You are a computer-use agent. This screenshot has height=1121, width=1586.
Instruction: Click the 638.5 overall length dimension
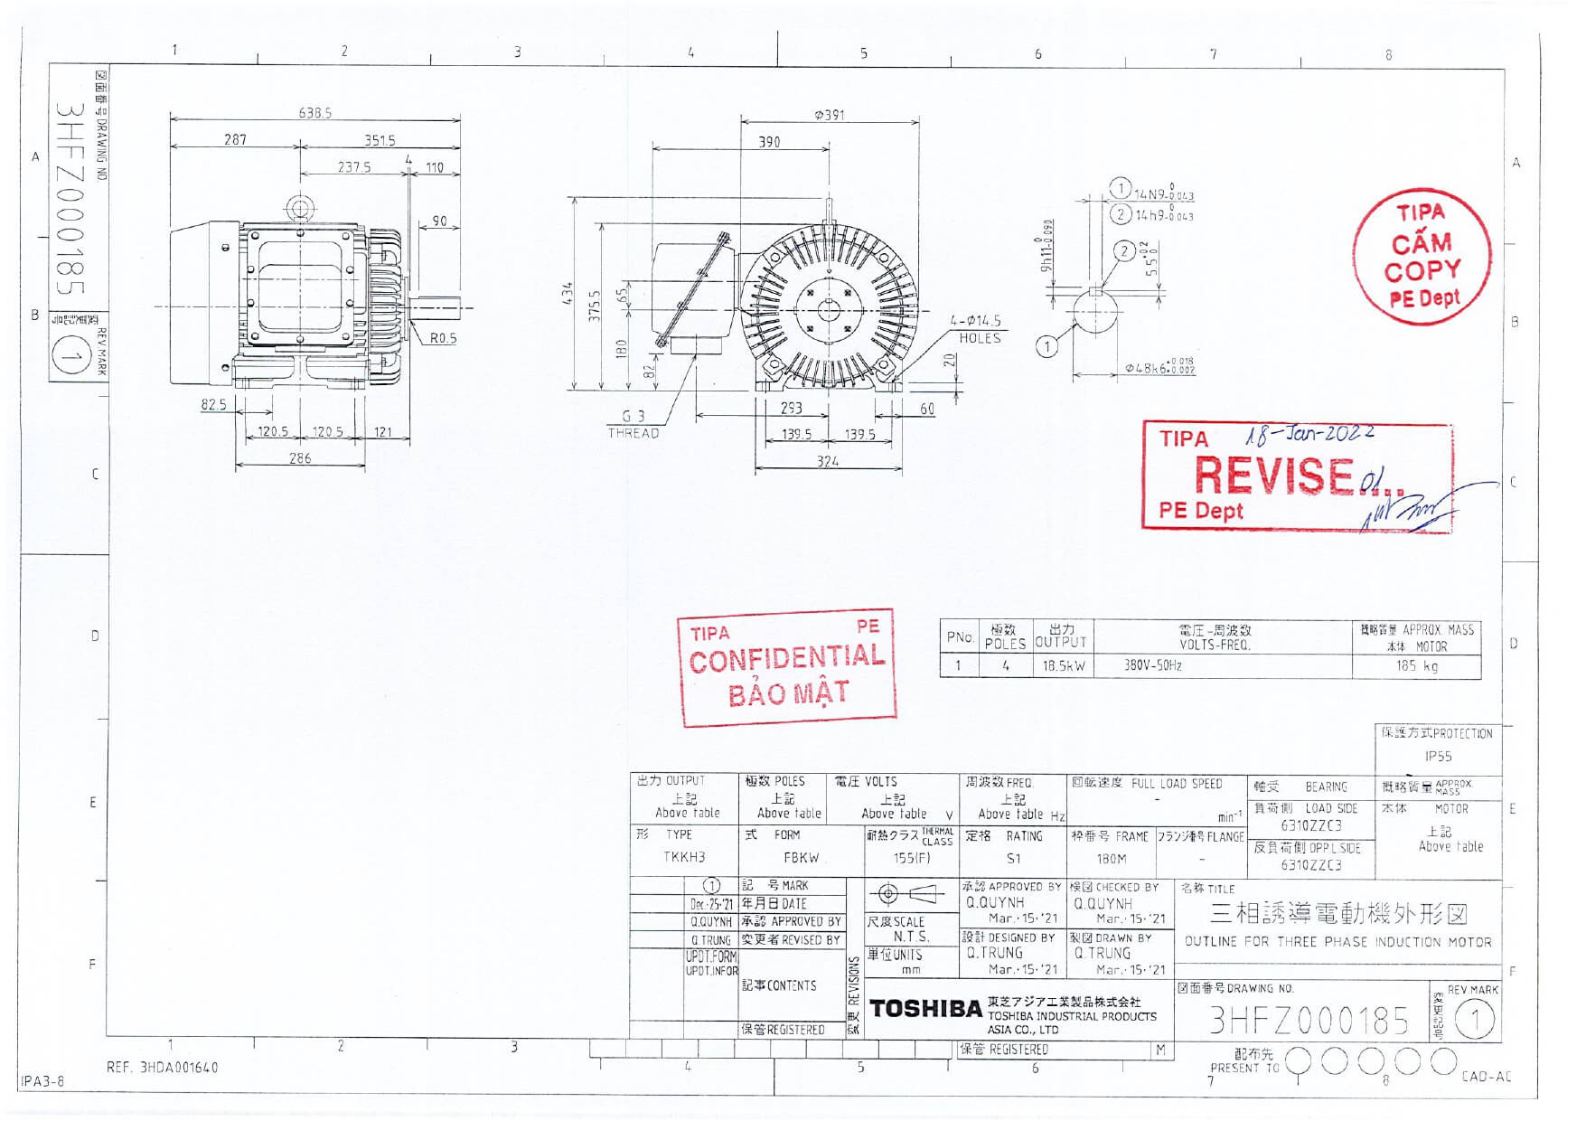pos(314,113)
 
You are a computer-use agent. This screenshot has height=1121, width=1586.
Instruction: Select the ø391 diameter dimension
pos(829,116)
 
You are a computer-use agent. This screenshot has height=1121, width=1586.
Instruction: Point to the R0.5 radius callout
pos(443,338)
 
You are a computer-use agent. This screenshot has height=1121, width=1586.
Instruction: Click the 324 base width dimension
pos(827,461)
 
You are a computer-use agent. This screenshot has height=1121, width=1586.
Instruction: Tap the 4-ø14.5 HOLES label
pos(977,329)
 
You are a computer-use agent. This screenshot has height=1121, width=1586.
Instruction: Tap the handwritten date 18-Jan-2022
pos(1309,436)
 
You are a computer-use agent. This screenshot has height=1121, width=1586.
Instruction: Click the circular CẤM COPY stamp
pos(1422,257)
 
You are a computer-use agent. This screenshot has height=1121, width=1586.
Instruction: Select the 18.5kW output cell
pos(1064,666)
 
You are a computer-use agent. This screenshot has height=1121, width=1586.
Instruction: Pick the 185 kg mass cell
pos(1416,666)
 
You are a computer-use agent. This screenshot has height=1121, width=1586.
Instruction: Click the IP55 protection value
pos(1438,757)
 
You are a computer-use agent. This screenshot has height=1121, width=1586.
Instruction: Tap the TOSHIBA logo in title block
pos(924,1009)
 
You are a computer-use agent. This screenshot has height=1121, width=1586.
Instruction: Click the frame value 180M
pos(1111,859)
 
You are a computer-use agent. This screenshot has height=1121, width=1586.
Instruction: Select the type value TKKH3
pos(684,857)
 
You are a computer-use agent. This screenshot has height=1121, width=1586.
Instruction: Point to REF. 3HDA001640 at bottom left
pos(163,1068)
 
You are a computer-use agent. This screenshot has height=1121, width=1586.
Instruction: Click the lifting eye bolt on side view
pos(299,209)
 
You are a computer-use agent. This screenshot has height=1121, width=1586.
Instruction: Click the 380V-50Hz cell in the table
pos(1152,666)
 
